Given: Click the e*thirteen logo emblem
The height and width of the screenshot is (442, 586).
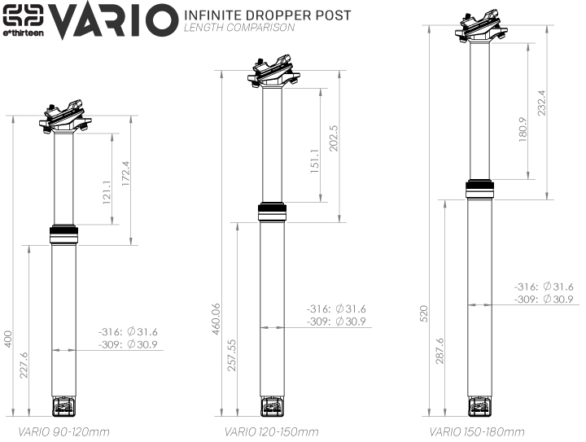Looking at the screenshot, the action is [x=23, y=16].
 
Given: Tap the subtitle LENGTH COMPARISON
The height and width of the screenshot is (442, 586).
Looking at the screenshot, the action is [x=239, y=28].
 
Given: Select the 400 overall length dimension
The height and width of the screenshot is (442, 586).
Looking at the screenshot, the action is [x=8, y=339].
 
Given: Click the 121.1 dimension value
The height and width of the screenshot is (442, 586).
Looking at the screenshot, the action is [x=107, y=192].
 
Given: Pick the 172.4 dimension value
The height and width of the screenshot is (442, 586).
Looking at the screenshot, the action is [x=125, y=173].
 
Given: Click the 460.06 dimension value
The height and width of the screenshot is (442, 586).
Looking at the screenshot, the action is [x=216, y=319].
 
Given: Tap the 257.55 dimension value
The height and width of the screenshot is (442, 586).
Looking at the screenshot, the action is [x=232, y=355].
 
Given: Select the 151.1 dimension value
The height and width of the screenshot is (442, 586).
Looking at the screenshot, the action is [x=315, y=160].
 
